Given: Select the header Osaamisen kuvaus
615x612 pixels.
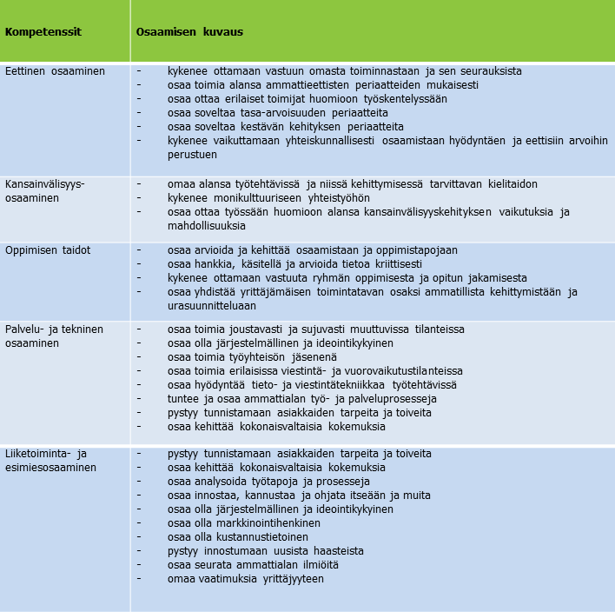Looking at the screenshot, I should click(x=189, y=32).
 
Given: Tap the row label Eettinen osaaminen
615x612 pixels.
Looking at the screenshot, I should click(x=55, y=71).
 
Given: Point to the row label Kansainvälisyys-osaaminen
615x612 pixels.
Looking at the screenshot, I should click(x=45, y=191).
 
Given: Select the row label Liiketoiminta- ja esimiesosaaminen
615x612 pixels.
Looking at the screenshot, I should click(x=50, y=461).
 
